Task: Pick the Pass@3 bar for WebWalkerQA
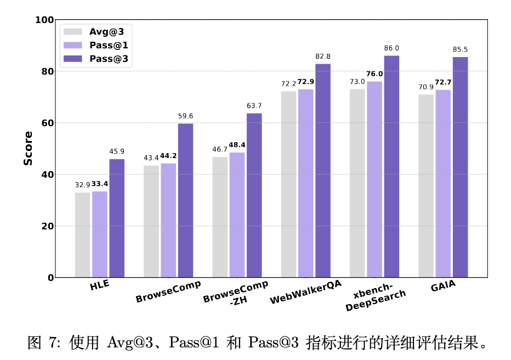323,171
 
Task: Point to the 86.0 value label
391,48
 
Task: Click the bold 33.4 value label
100,184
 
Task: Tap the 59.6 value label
185,116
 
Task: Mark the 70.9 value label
426,87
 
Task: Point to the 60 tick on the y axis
48,123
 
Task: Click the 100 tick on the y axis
46,20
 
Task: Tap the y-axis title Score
29,148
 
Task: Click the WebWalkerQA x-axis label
305,292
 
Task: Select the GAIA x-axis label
443,286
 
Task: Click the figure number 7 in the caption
54,344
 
